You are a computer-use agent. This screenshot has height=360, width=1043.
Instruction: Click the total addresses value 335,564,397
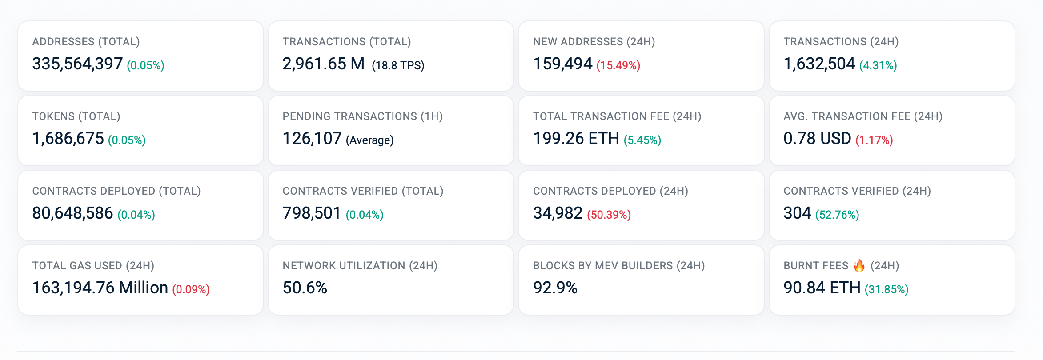pyautogui.click(x=77, y=64)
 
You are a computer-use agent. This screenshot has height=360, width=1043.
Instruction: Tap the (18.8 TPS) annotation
pyautogui.click(x=398, y=65)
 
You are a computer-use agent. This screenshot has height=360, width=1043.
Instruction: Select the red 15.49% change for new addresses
pyautogui.click(x=618, y=65)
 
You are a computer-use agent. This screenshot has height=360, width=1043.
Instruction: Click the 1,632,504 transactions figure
pyautogui.click(x=819, y=64)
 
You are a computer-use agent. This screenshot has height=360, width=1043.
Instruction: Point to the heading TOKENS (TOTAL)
pyautogui.click(x=76, y=116)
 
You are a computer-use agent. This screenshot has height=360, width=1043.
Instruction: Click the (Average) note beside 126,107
pyautogui.click(x=369, y=140)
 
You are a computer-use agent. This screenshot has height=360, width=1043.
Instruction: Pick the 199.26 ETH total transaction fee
pyautogui.click(x=576, y=139)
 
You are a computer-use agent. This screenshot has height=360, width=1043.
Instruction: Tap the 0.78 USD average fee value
pyautogui.click(x=817, y=139)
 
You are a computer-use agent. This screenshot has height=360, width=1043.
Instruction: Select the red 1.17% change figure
pyautogui.click(x=874, y=140)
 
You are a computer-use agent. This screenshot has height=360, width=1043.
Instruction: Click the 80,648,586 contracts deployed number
pyautogui.click(x=72, y=213)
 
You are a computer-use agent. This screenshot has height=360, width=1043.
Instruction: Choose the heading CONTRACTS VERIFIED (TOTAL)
pyautogui.click(x=363, y=191)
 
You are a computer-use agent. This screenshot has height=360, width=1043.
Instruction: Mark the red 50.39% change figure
pyautogui.click(x=609, y=215)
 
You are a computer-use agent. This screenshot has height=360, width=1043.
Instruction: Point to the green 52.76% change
pyautogui.click(x=837, y=215)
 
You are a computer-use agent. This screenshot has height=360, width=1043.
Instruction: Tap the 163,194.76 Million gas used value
pyautogui.click(x=100, y=288)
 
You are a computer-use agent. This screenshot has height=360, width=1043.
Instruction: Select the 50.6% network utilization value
pyautogui.click(x=305, y=288)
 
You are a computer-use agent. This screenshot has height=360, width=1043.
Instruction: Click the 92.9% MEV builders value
pyautogui.click(x=555, y=288)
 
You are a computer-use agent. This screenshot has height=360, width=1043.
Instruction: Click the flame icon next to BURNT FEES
pyautogui.click(x=859, y=265)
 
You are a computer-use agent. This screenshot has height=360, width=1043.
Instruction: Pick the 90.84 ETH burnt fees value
pyautogui.click(x=822, y=288)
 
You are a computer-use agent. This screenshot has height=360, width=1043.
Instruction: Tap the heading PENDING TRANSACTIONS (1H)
pyautogui.click(x=363, y=116)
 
